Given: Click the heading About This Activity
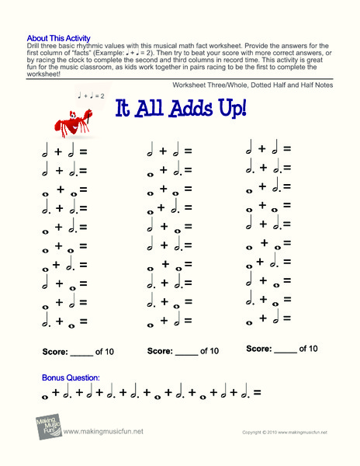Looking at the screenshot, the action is tap(58, 37).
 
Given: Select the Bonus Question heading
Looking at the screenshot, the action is tap(71, 377).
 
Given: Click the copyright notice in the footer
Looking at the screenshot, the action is tap(284, 432).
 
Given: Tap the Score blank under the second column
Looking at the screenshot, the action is tap(186, 351).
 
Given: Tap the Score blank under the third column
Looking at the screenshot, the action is tap(286, 349).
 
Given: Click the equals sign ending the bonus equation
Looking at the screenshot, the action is tap(256, 393).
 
